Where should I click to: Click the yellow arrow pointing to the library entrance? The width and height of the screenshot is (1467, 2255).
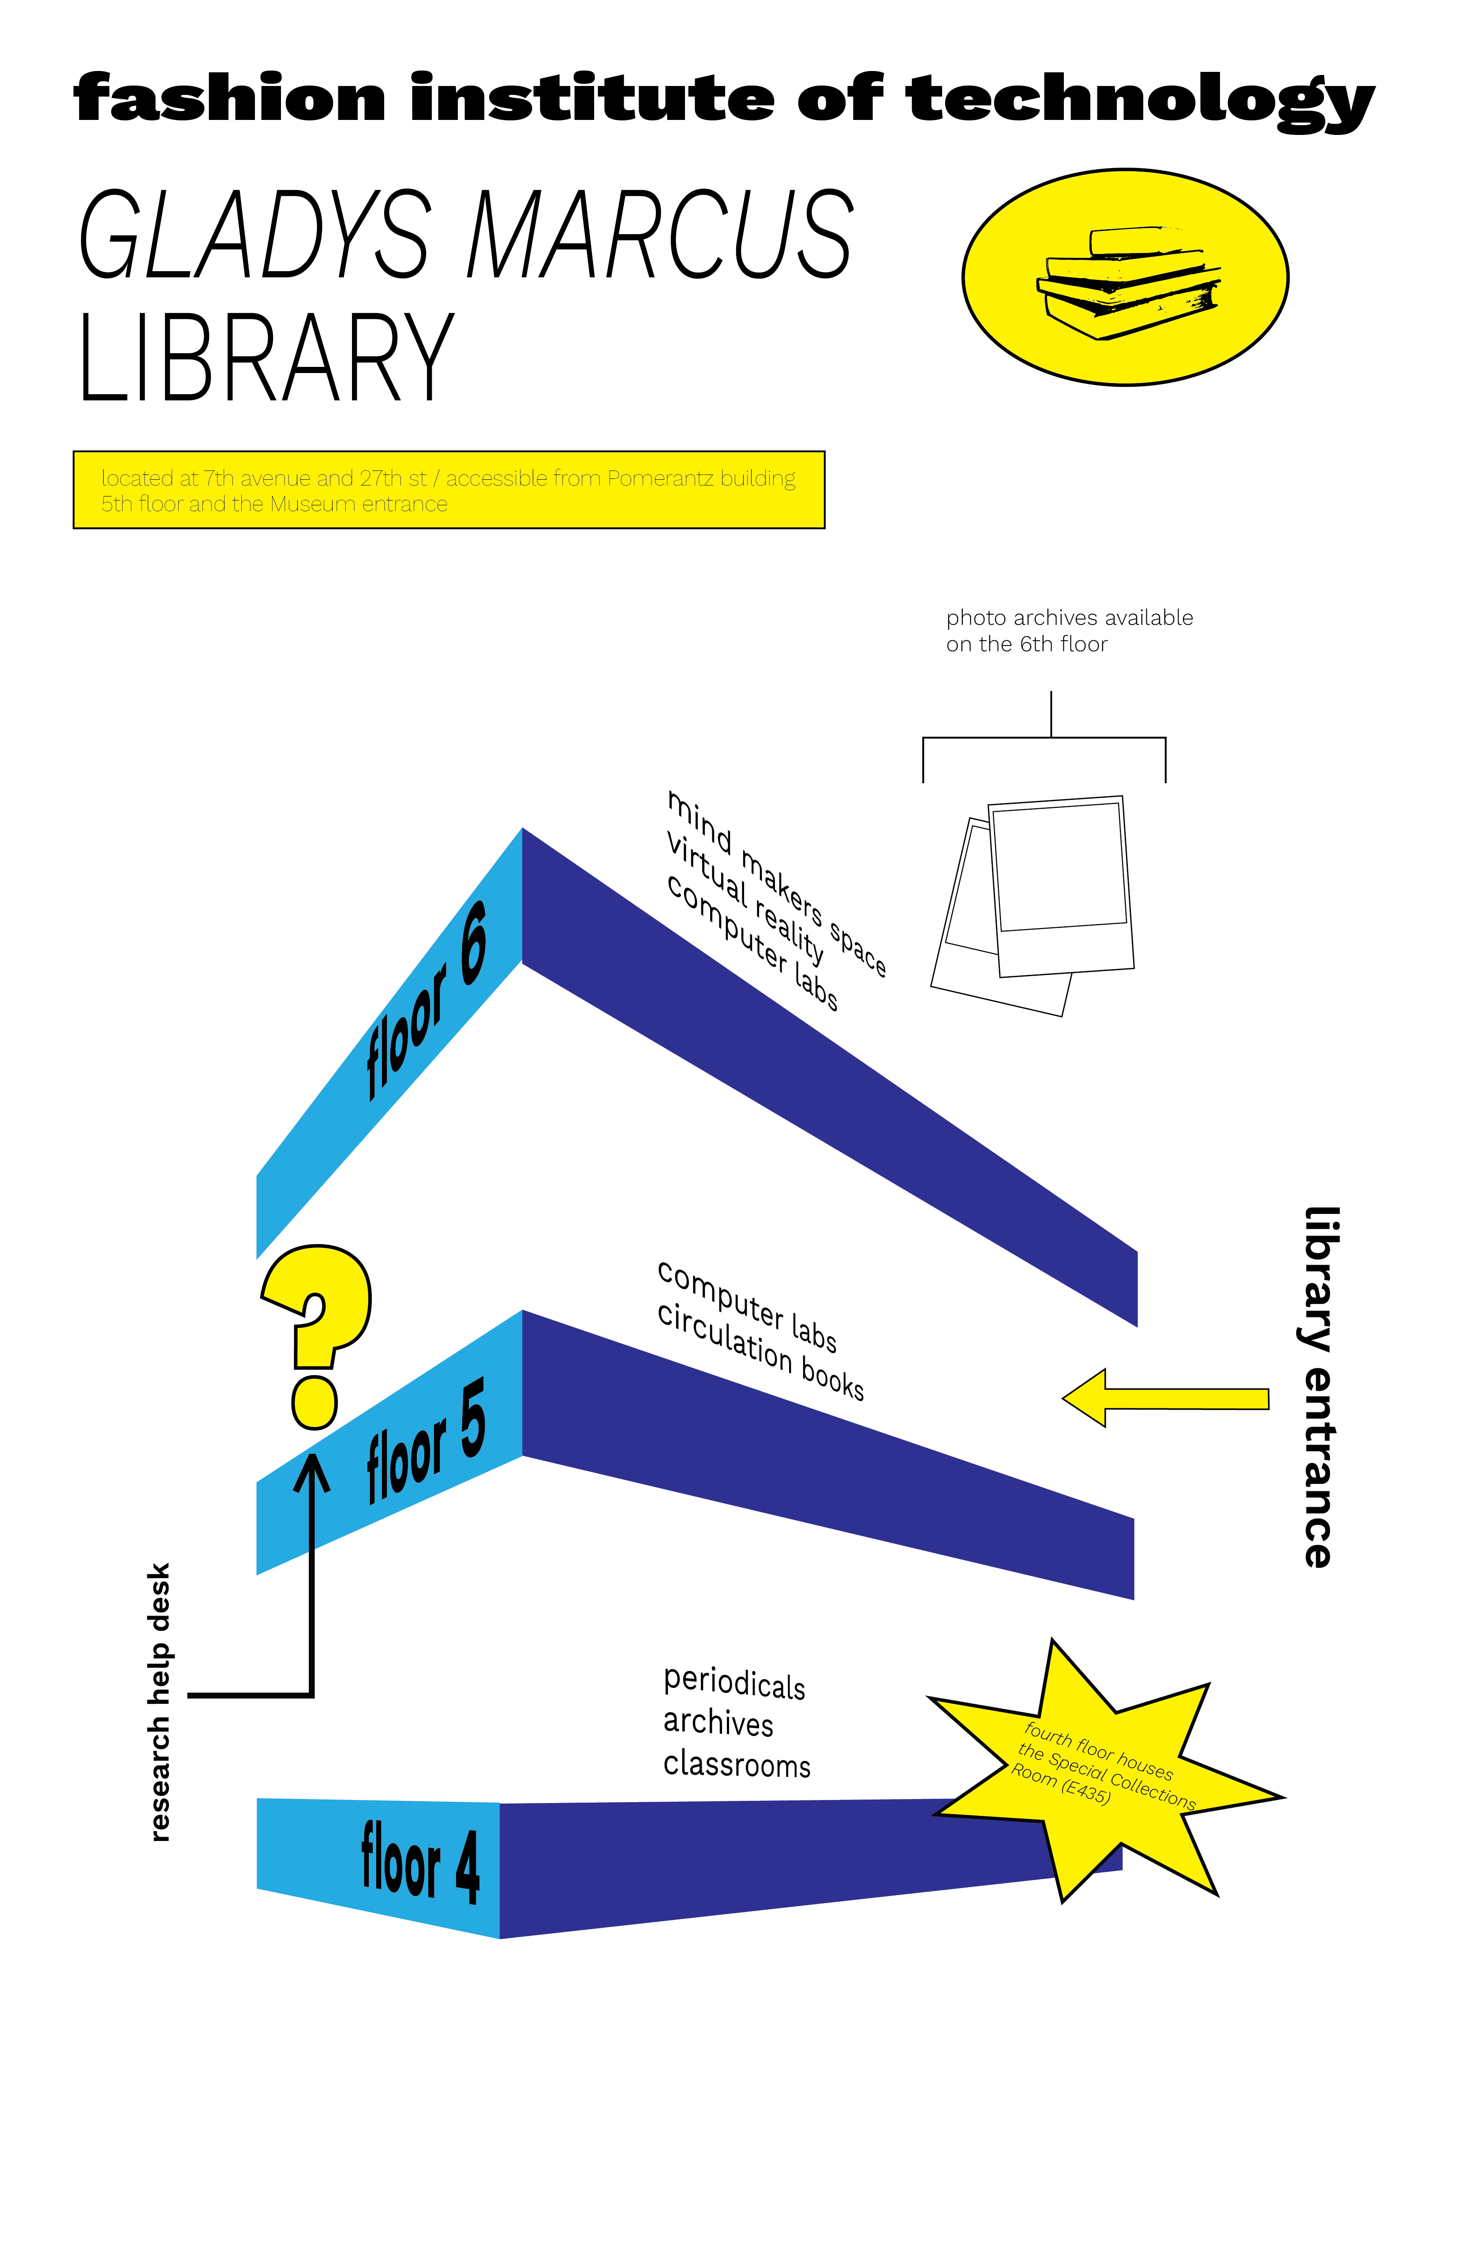pyautogui.click(x=1166, y=1397)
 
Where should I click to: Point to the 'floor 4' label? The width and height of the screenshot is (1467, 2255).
pyautogui.click(x=420, y=1862)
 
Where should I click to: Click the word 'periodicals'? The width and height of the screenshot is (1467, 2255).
pyautogui.click(x=733, y=1684)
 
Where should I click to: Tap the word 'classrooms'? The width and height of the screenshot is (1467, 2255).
pyautogui.click(x=736, y=1764)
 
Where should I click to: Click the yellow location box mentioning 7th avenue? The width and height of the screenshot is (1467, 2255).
pyautogui.click(x=448, y=490)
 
